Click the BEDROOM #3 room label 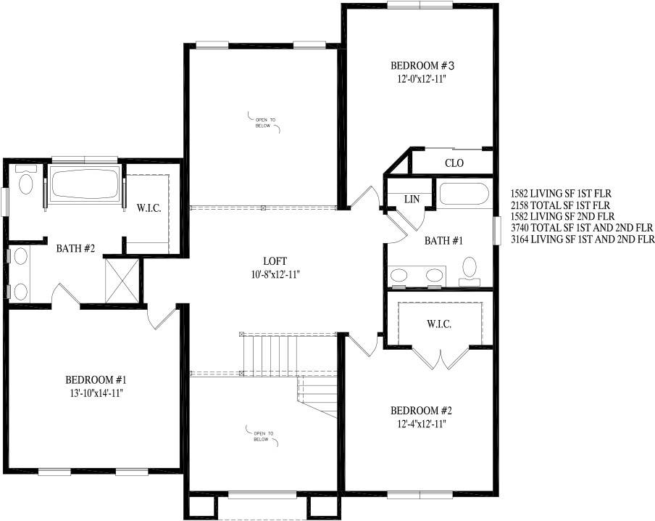(422, 66)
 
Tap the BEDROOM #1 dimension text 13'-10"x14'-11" (96, 393)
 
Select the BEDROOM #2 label (421, 411)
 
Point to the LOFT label (275, 261)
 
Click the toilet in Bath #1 (470, 271)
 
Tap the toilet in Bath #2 (26, 180)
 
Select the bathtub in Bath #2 (85, 184)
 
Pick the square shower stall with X (122, 280)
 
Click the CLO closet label (454, 163)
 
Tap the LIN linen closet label (412, 200)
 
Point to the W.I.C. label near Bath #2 (149, 208)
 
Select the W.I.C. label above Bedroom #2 (439, 324)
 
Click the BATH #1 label (443, 241)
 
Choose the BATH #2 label (75, 249)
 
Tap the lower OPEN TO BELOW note (264, 436)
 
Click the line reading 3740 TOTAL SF (582, 228)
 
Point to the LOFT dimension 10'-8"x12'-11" (274, 274)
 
